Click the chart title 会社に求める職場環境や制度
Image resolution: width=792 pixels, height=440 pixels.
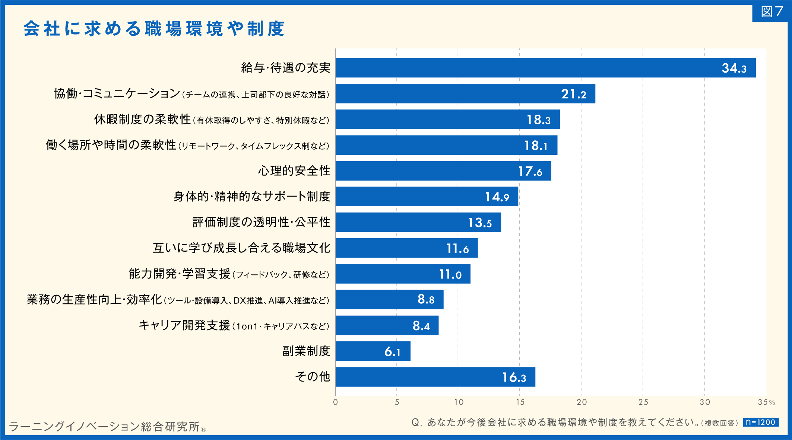(154, 29)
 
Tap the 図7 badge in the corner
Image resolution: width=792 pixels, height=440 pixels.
(772, 12)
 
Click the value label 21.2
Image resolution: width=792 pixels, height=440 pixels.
(573, 94)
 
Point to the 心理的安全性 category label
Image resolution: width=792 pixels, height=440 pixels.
(294, 171)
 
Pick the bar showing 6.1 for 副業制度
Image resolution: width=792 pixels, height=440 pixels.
(373, 351)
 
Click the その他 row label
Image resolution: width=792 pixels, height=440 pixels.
(313, 377)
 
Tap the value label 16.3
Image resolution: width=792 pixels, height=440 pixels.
(514, 377)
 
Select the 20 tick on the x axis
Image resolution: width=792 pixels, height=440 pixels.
(582, 402)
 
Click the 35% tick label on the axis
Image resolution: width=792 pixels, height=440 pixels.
(766, 402)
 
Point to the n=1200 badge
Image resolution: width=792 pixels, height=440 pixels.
(760, 422)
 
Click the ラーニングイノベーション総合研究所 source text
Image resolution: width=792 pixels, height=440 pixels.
(104, 427)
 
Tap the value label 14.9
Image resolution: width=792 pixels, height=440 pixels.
(497, 197)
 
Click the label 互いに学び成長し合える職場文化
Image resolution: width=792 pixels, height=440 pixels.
(241, 248)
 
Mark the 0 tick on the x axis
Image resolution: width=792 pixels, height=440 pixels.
(336, 402)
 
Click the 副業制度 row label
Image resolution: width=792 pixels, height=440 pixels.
(306, 351)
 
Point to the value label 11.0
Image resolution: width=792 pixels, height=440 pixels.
(450, 274)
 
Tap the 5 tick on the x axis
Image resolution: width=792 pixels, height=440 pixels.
(397, 402)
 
